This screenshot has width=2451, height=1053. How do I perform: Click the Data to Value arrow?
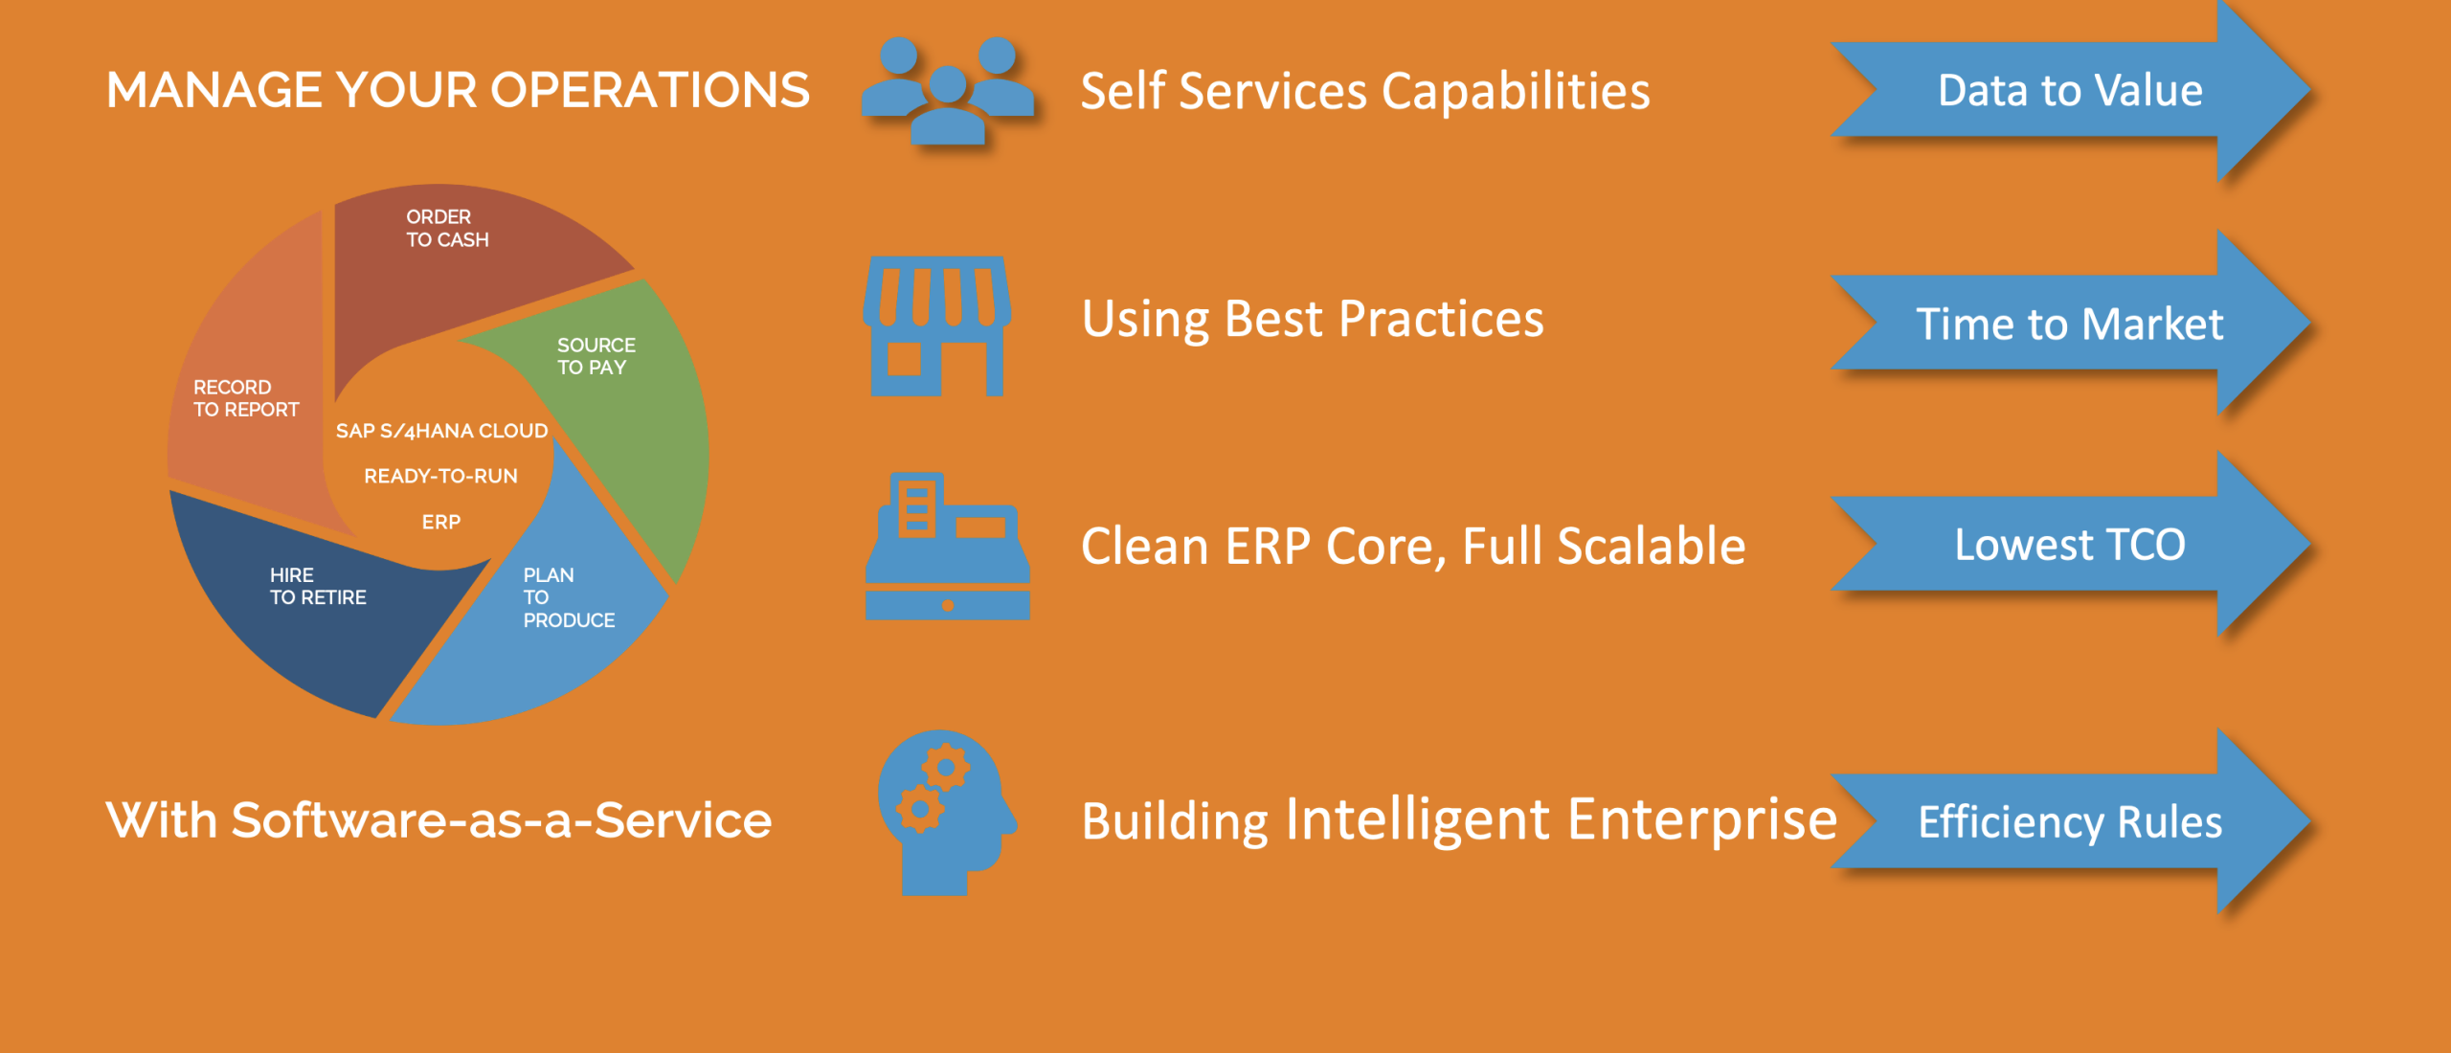2068,91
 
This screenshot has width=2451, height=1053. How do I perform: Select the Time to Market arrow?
2068,324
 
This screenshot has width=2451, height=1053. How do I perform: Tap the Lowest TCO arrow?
2068,545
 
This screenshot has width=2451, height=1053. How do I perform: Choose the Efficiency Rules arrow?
2068,821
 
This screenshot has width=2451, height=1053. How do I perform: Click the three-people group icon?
947,91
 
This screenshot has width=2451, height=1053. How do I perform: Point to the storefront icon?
936,325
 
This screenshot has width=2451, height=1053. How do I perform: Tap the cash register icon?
947,546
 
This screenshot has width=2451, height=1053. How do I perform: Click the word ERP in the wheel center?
441,523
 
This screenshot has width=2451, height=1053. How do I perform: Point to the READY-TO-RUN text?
440,477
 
